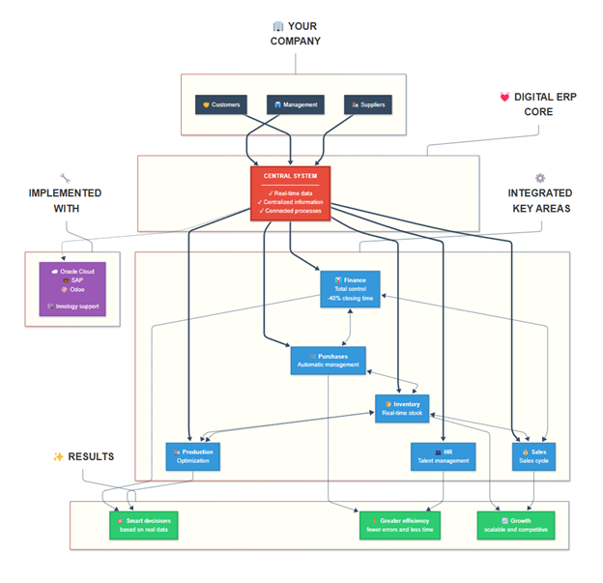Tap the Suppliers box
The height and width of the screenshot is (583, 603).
pyautogui.click(x=368, y=104)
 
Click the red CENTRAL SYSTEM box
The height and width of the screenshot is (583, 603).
pyautogui.click(x=291, y=193)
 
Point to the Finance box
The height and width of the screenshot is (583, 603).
pyautogui.click(x=350, y=289)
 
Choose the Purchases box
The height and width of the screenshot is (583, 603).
pyautogui.click(x=329, y=361)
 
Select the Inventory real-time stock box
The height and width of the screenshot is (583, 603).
pyautogui.click(x=401, y=408)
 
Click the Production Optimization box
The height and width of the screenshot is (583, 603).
pyautogui.click(x=193, y=456)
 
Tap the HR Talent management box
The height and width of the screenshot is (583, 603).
pyautogui.click(x=444, y=456)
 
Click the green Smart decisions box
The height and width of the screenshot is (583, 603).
pyautogui.click(x=143, y=526)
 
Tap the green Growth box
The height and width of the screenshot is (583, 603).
pyautogui.click(x=516, y=526)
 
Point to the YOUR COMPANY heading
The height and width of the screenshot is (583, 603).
pyautogui.click(x=295, y=34)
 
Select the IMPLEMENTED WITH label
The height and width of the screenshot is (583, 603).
pyautogui.click(x=67, y=200)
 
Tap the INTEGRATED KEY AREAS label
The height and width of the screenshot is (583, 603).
pyautogui.click(x=539, y=200)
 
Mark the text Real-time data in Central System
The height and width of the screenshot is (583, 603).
pyautogui.click(x=291, y=193)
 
